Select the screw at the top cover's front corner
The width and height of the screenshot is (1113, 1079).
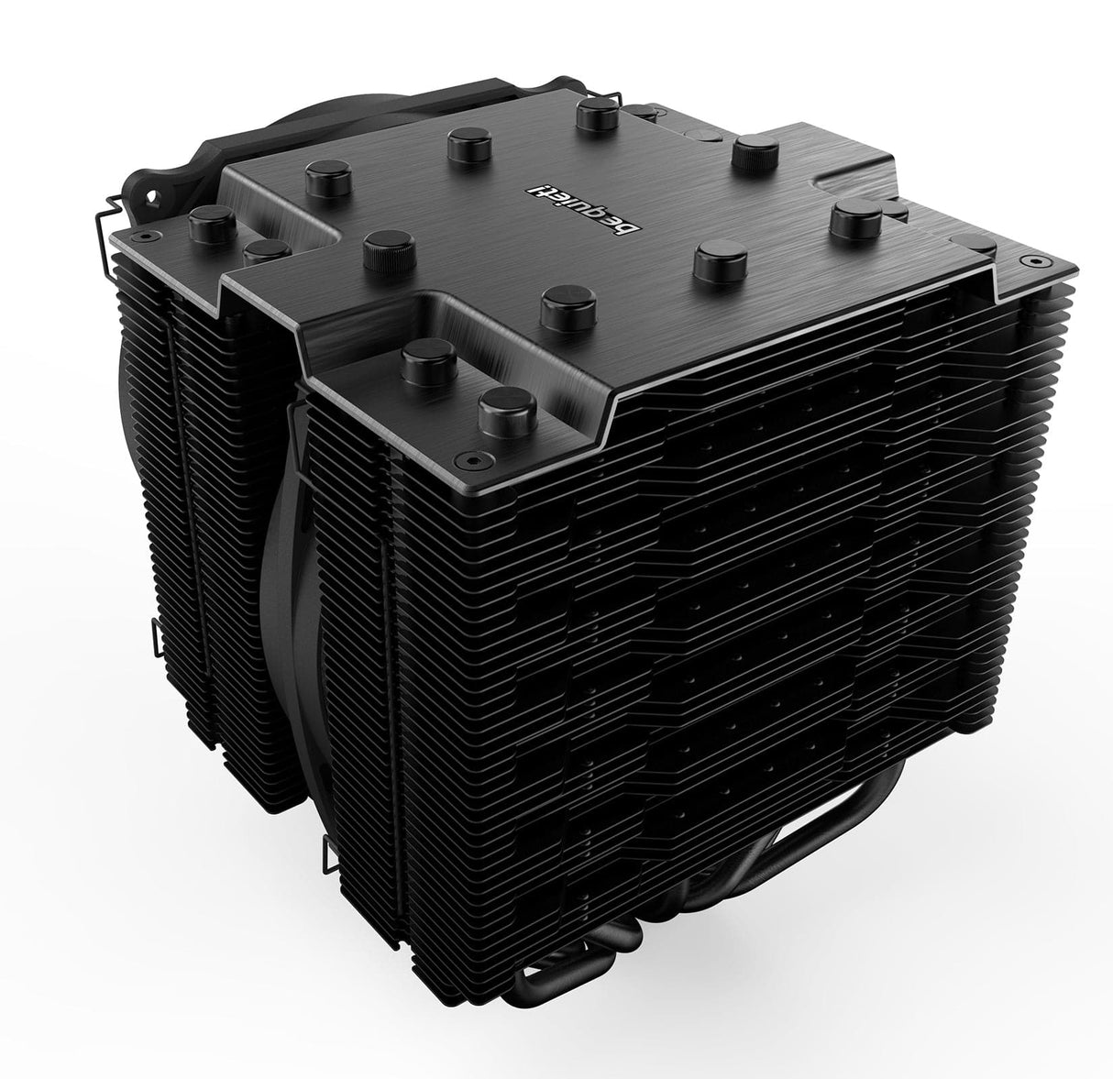[x=470, y=456]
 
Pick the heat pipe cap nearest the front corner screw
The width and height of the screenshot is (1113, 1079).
[x=503, y=405]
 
